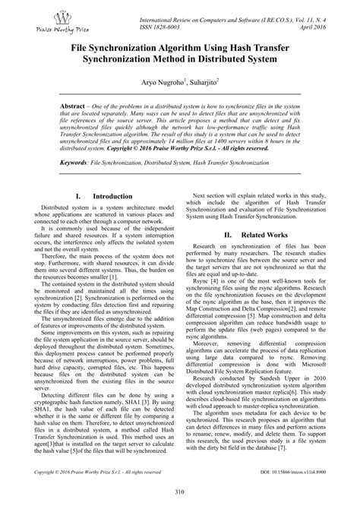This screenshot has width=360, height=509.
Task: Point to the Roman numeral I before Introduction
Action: (80, 196)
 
